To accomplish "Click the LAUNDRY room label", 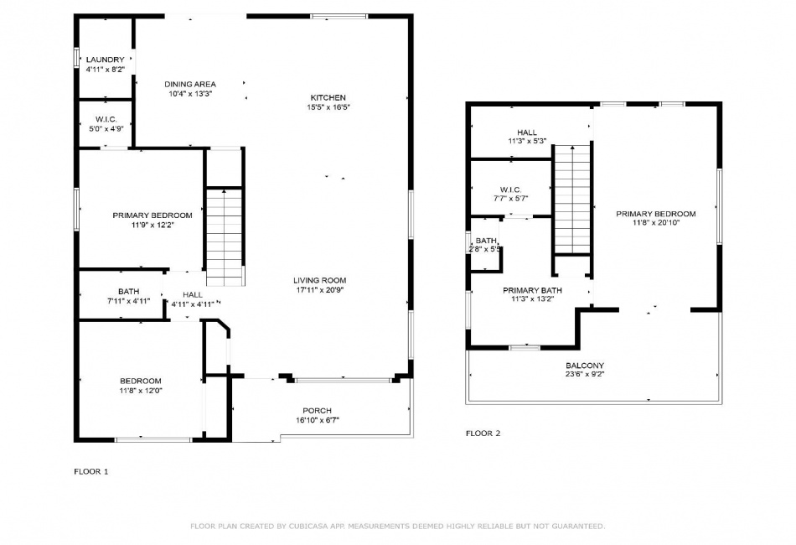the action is click(x=105, y=60).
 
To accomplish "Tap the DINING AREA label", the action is click(x=190, y=85).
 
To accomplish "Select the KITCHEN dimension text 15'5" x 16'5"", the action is click(x=328, y=107).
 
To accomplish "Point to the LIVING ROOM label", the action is click(x=320, y=280).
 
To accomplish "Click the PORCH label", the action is click(x=318, y=411).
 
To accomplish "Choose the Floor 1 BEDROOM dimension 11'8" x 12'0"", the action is click(x=141, y=391).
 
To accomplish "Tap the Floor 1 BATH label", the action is click(x=128, y=292).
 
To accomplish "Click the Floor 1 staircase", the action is click(x=225, y=237).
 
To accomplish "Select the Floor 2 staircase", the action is click(x=572, y=199).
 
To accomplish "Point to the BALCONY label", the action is click(x=585, y=366).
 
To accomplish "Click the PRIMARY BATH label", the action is click(x=533, y=291).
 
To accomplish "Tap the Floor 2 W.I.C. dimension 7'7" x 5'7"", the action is click(x=511, y=199).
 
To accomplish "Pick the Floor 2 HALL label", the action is click(x=527, y=132).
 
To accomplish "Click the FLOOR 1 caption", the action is click(x=91, y=471).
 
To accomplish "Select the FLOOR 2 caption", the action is click(x=483, y=433).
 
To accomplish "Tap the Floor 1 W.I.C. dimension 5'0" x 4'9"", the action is click(x=106, y=129).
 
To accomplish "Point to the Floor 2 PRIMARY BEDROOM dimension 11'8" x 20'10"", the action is click(x=656, y=222).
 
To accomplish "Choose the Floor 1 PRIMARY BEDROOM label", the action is click(x=152, y=215).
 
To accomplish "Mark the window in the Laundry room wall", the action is click(x=76, y=57).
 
